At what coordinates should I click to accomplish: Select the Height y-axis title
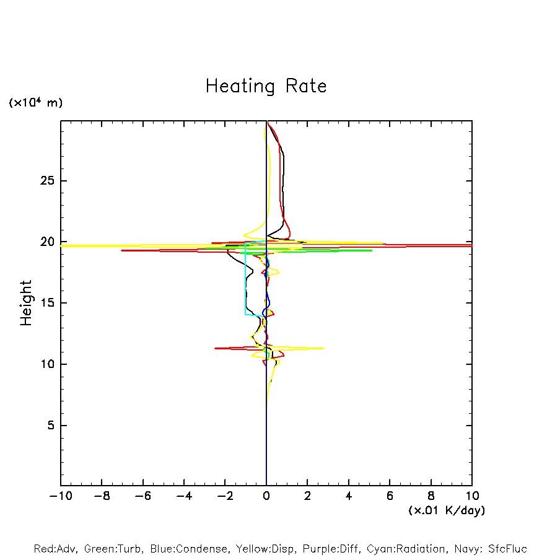(26, 303)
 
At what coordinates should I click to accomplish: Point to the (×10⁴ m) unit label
(35, 103)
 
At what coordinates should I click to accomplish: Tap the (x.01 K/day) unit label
(446, 510)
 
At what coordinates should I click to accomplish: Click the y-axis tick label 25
(49, 181)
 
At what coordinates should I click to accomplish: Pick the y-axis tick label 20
(49, 242)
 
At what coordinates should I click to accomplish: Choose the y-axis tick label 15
(49, 303)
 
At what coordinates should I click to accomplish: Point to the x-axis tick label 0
(266, 496)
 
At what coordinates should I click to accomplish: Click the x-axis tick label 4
(349, 496)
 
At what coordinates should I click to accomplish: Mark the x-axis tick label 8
(431, 496)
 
